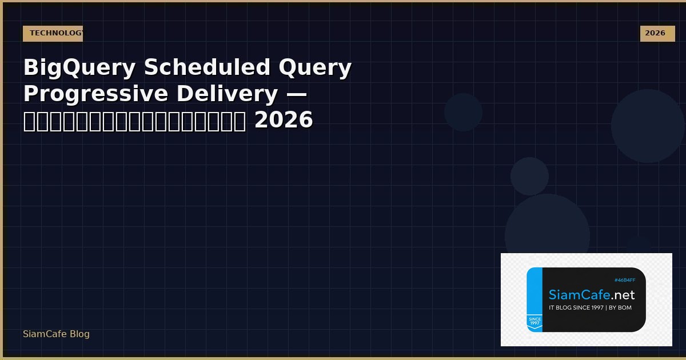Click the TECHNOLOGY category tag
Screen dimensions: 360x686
[53, 33]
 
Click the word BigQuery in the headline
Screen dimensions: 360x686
[79, 68]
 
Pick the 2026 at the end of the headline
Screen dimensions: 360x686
[284, 121]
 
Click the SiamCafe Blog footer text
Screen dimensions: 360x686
[56, 334]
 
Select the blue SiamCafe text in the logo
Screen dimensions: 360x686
[579, 295]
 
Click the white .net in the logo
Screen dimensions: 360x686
[622, 295]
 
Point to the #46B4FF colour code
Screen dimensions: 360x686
[625, 280]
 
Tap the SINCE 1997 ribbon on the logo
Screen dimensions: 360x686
[535, 322]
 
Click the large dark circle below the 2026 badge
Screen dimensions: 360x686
[647, 126]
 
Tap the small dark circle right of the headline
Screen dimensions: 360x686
[463, 112]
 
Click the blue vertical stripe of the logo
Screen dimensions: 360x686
[534, 291]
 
